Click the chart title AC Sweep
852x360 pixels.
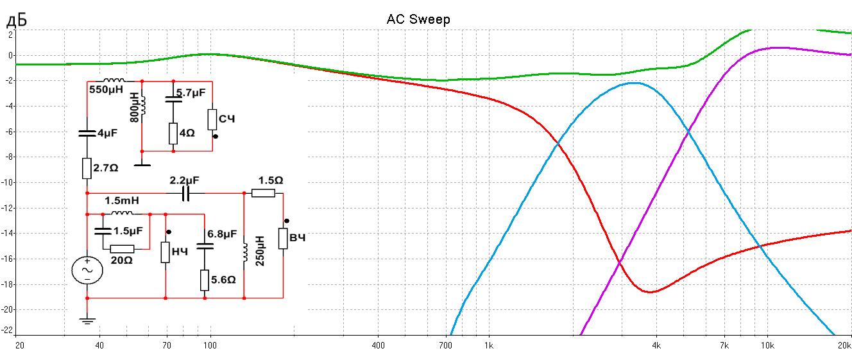(418, 19)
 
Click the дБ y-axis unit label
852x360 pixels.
(16, 21)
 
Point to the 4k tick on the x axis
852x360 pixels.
(656, 346)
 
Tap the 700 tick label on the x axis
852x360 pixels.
(446, 346)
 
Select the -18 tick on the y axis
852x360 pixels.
(7, 284)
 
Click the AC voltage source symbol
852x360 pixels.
(87, 270)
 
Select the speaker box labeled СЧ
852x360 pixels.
(212, 120)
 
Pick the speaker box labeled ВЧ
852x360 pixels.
(283, 238)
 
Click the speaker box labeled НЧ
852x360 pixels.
(166, 252)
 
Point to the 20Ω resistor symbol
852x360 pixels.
(122, 249)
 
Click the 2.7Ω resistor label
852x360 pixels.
(106, 167)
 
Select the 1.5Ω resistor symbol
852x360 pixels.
(263, 193)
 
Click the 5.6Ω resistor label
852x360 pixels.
(223, 280)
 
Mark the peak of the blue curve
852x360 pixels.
(634, 83)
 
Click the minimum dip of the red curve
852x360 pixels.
(651, 292)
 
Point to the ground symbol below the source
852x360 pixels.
(87, 320)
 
